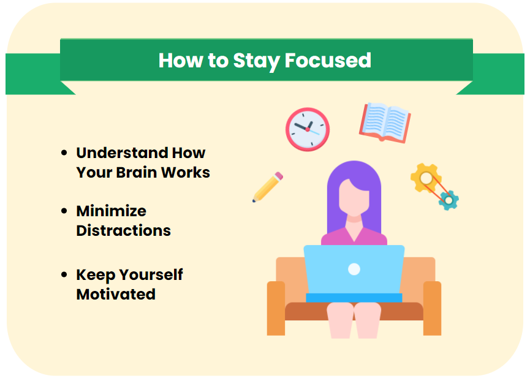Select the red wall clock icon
tap(307, 129)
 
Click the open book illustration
tap(384, 122)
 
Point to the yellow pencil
tap(267, 187)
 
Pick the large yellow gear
tap(425, 178)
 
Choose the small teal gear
tap(449, 199)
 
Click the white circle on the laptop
tap(354, 268)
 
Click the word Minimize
tap(111, 211)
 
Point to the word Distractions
tap(123, 231)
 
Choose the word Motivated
tap(116, 294)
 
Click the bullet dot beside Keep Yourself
tap(64, 274)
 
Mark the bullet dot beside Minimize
tap(64, 211)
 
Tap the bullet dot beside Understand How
tap(64, 153)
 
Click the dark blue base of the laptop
tap(354, 298)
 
